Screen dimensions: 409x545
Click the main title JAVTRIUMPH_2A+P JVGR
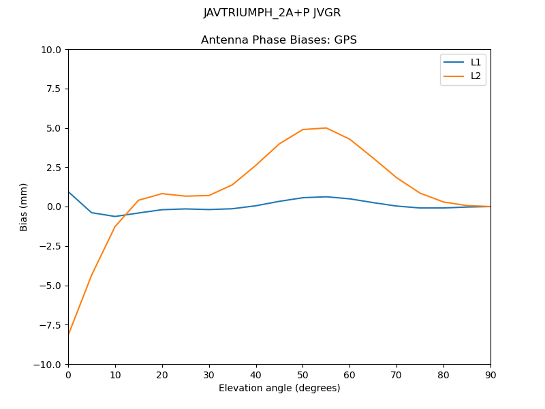click(x=272, y=13)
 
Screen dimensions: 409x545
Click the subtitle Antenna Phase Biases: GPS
click(x=279, y=40)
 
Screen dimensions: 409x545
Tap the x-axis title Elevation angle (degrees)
click(x=279, y=389)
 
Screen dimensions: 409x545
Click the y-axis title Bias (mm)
click(x=24, y=207)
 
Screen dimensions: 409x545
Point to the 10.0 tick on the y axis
click(x=52, y=50)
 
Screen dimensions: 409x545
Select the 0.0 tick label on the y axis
click(x=54, y=207)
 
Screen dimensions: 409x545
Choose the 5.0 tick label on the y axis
click(x=54, y=128)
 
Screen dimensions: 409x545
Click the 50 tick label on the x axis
click(x=302, y=374)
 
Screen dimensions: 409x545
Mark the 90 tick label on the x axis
click(x=490, y=374)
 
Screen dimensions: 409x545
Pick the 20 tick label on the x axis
click(x=162, y=374)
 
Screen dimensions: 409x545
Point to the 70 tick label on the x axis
click(x=396, y=374)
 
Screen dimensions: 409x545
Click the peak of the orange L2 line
click(x=326, y=128)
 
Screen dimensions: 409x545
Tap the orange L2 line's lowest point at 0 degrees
click(x=69, y=334)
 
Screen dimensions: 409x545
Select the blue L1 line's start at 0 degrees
click(x=69, y=192)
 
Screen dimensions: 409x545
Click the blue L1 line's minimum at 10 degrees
click(x=115, y=216)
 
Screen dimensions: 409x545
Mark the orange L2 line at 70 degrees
click(x=396, y=177)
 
